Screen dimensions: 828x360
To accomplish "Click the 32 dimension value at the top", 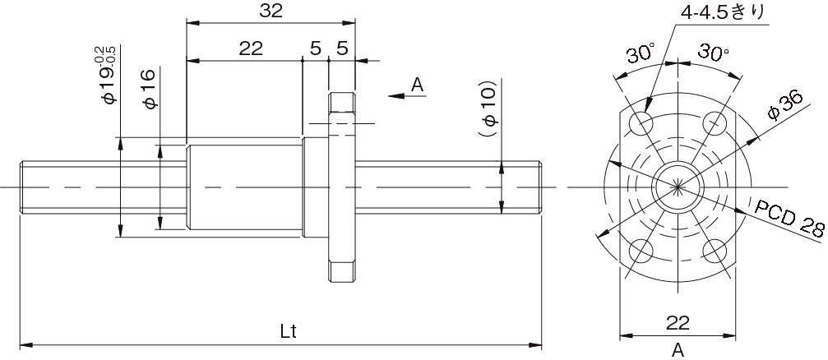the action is pyautogui.click(x=271, y=11).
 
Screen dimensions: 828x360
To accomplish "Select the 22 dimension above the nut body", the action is pyautogui.click(x=251, y=48).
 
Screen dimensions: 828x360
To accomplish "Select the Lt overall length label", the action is pyautogui.click(x=289, y=331).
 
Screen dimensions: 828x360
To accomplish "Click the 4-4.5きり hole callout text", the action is pyautogui.click(x=723, y=12).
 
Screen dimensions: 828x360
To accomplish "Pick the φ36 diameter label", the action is pyautogui.click(x=786, y=105).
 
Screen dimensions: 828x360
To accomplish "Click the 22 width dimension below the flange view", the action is pyautogui.click(x=678, y=322).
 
